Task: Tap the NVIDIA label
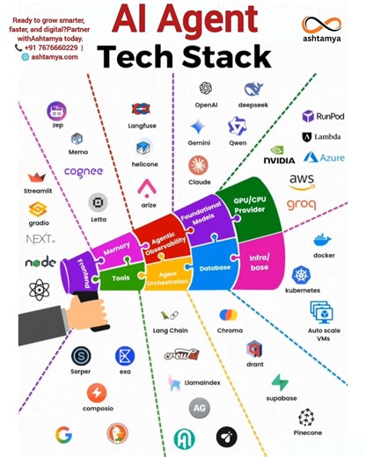tap(279, 160)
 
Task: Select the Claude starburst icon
tap(199, 164)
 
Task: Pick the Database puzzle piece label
tap(215, 267)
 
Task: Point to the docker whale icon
tap(323, 239)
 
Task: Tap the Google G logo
tap(63, 434)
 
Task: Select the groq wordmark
tap(302, 206)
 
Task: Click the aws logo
tap(302, 181)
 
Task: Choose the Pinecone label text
tap(307, 432)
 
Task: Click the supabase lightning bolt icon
tap(280, 383)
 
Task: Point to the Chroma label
tap(230, 330)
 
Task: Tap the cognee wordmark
tap(84, 172)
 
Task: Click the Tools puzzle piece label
tap(121, 278)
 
